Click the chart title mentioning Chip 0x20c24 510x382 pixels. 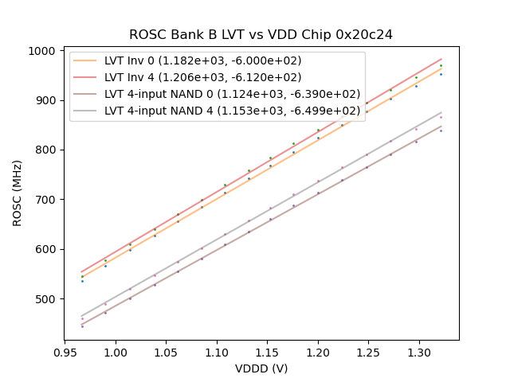(x=261, y=35)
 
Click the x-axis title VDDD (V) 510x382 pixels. (x=261, y=368)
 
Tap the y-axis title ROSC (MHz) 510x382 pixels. (x=17, y=196)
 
